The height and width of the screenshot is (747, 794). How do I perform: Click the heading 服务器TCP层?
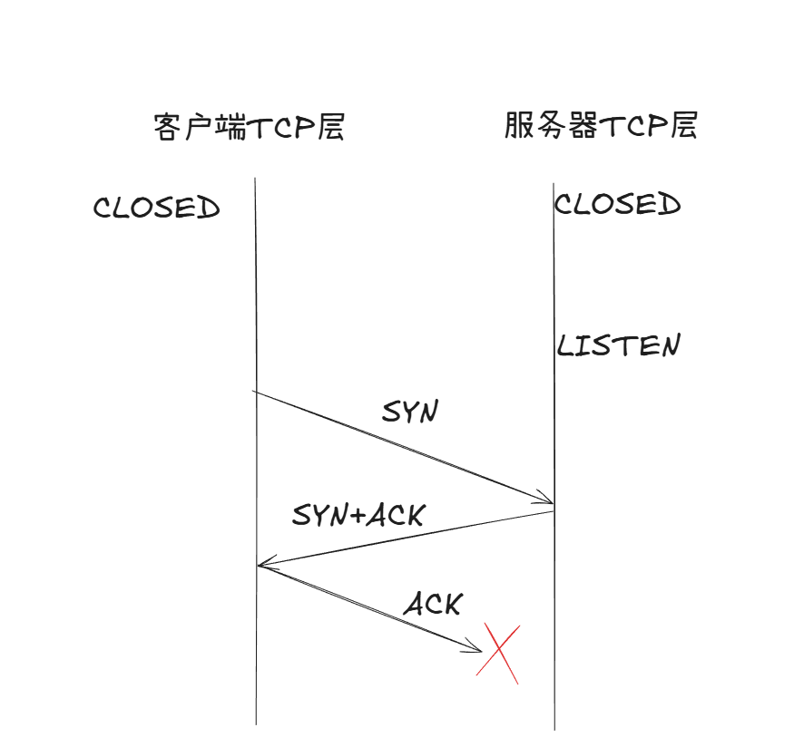tap(601, 125)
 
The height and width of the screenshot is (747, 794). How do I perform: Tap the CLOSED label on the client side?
tap(156, 209)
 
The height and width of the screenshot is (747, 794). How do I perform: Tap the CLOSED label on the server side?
tap(618, 205)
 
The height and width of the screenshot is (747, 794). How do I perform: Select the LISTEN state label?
tap(618, 346)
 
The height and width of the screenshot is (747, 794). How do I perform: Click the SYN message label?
tap(410, 412)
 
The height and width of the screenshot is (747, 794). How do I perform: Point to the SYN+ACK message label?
tap(358, 516)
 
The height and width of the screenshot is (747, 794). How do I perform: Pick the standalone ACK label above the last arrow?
tap(433, 604)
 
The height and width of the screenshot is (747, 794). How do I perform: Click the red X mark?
tap(498, 653)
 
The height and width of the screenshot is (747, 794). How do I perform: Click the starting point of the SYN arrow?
tap(255, 392)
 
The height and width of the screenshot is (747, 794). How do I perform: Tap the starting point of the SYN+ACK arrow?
tap(554, 512)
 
